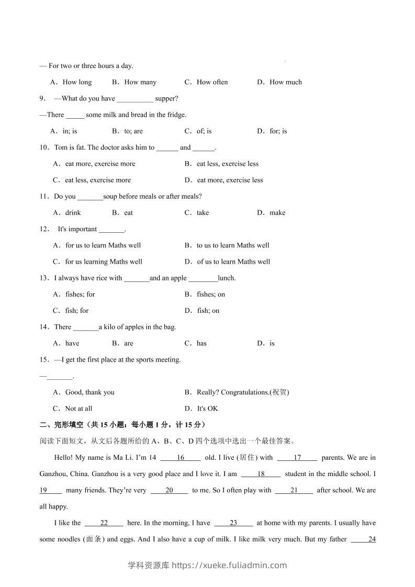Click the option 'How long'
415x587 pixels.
coord(77,82)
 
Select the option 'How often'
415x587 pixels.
coord(212,82)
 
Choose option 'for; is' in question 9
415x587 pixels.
coord(278,131)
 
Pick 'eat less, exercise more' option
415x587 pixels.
coord(97,180)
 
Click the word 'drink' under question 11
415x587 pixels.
coord(73,213)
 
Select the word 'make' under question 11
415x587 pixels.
coord(277,213)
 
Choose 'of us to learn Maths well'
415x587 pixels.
coord(233,262)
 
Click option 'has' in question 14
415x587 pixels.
coord(201,344)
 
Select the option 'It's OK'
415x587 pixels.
coord(207,409)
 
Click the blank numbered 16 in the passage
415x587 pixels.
coord(181,458)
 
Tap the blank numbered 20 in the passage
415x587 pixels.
coord(169,491)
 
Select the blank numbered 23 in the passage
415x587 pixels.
coord(233,523)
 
